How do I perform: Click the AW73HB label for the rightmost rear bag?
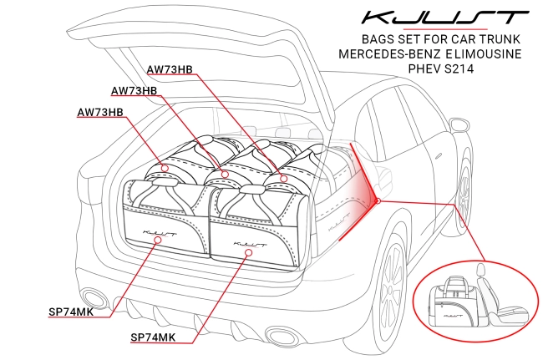click(170, 69)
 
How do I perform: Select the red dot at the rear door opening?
click(378, 200)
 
